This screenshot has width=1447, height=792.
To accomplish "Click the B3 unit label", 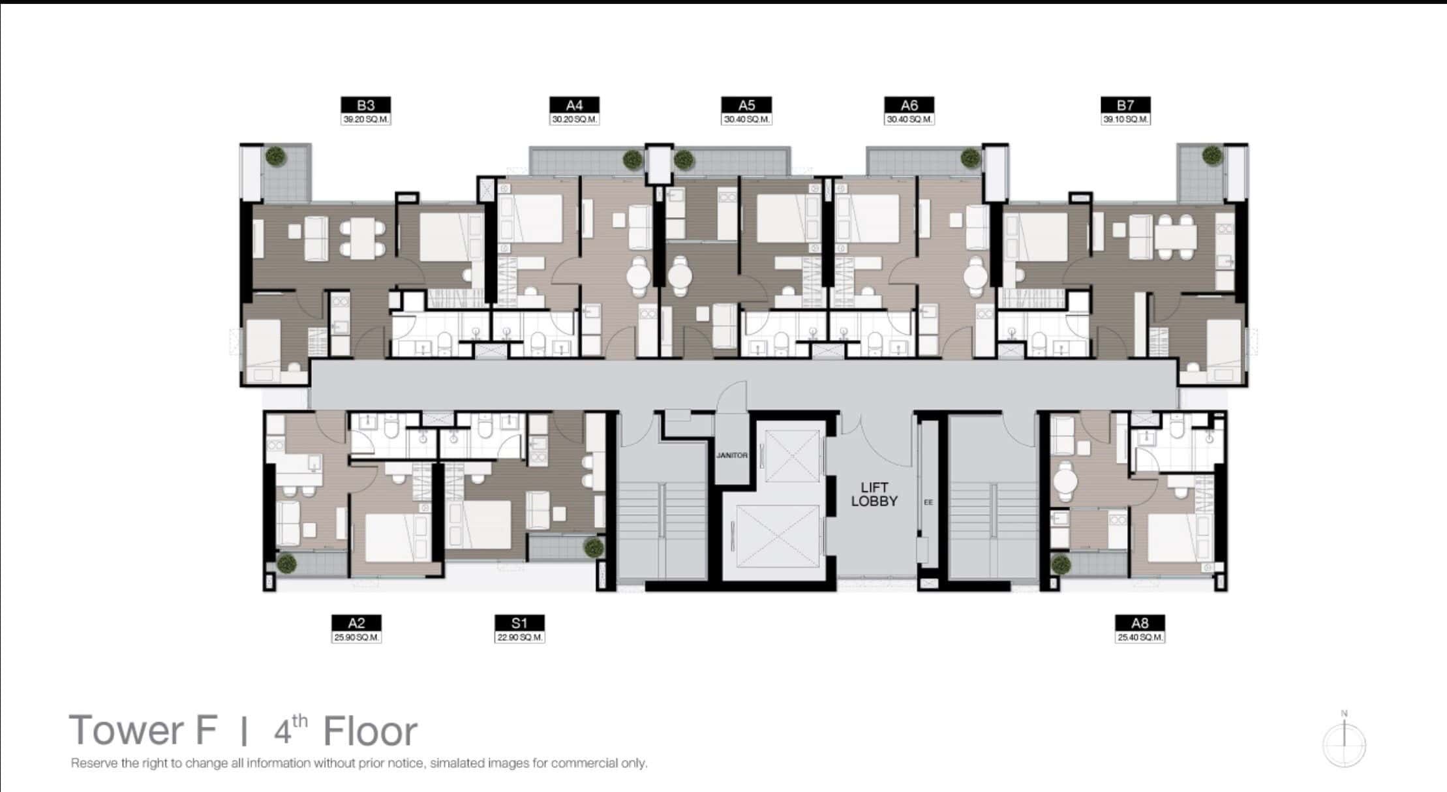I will (x=365, y=105).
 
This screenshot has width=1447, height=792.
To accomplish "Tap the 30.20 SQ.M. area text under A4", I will (x=574, y=120).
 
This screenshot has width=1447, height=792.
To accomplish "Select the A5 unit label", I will (x=746, y=105).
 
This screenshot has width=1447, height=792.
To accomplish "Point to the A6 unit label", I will (x=909, y=105).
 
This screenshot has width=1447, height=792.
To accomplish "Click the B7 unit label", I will (x=1125, y=105).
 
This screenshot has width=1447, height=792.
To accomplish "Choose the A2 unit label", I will (x=356, y=623).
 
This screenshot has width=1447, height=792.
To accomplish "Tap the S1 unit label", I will (x=519, y=623).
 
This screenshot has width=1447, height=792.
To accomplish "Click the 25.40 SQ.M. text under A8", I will (x=1140, y=637).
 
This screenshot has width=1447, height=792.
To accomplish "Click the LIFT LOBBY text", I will (x=874, y=495).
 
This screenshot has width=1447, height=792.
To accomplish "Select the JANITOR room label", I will (x=731, y=455).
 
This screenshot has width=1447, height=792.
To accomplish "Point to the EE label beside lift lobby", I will (x=928, y=502).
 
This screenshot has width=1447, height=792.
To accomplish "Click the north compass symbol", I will (x=1344, y=744).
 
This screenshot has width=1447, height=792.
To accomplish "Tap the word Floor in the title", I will (x=370, y=731).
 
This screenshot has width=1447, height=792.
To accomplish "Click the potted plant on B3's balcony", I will (x=276, y=156).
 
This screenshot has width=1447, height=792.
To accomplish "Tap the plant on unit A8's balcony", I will (x=1061, y=564).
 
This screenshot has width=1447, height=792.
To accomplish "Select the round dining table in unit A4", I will (x=639, y=276).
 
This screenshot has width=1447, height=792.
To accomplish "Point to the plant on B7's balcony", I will (x=1212, y=155).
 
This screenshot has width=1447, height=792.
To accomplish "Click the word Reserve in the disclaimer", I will (x=95, y=763).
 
